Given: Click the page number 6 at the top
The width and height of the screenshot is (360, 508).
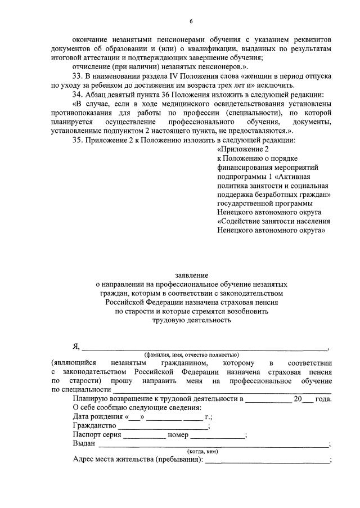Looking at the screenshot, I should coord(191,21).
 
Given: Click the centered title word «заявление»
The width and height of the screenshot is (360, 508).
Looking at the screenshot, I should coord(191,275).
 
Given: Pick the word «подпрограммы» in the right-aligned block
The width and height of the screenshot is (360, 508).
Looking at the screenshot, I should coord(242,176).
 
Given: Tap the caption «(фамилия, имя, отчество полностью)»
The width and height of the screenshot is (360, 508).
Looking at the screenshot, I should coord(191,355).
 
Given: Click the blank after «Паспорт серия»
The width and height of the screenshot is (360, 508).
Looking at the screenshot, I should coord(144,437).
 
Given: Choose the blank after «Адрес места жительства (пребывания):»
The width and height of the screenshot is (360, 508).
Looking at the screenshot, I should coord(267,461).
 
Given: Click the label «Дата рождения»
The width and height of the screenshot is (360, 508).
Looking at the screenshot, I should coord(98,417).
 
